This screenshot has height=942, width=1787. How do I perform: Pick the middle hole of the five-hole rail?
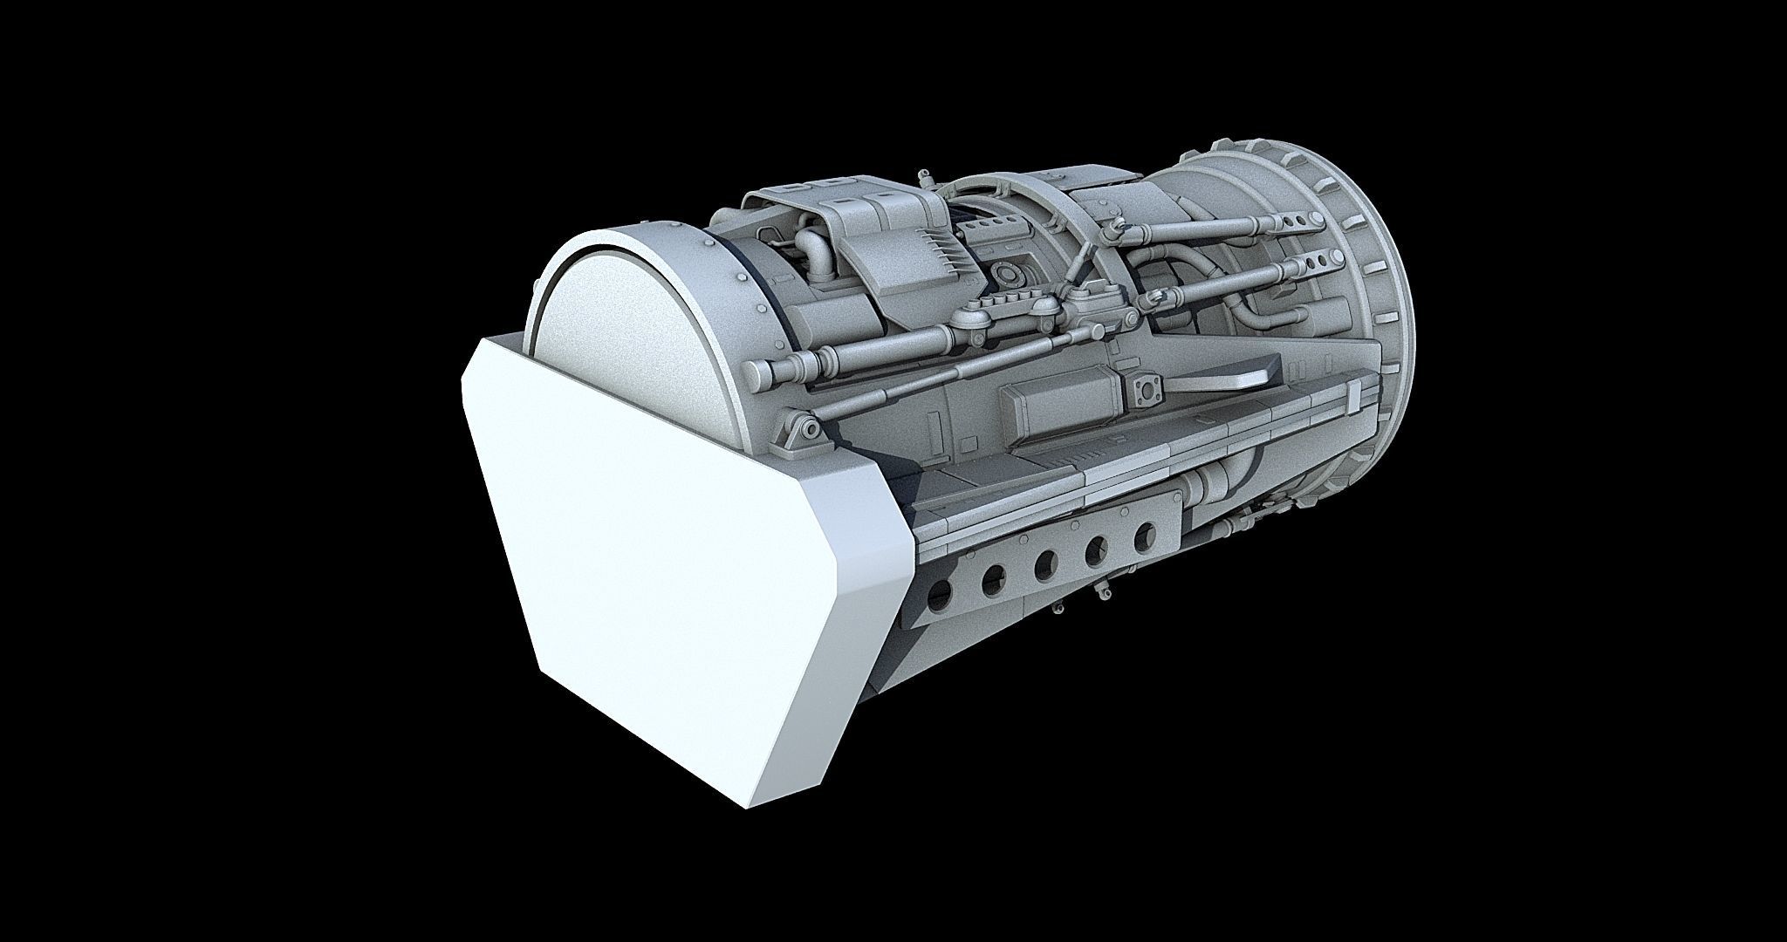click(x=1042, y=565)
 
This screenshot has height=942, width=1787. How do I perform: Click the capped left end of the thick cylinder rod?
click(x=757, y=373)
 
